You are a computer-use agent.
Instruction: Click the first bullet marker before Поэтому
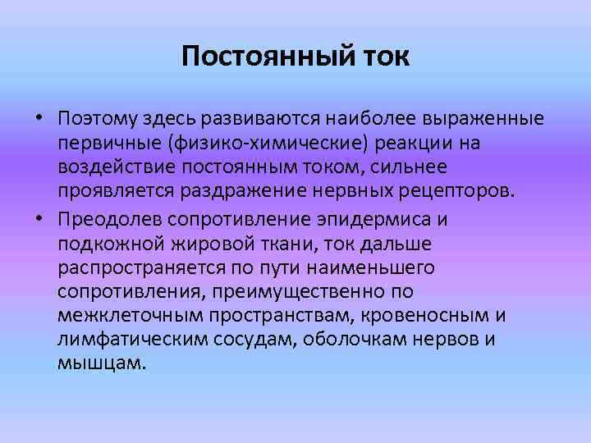tap(39, 120)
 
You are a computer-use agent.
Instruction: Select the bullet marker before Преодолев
tap(39, 220)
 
